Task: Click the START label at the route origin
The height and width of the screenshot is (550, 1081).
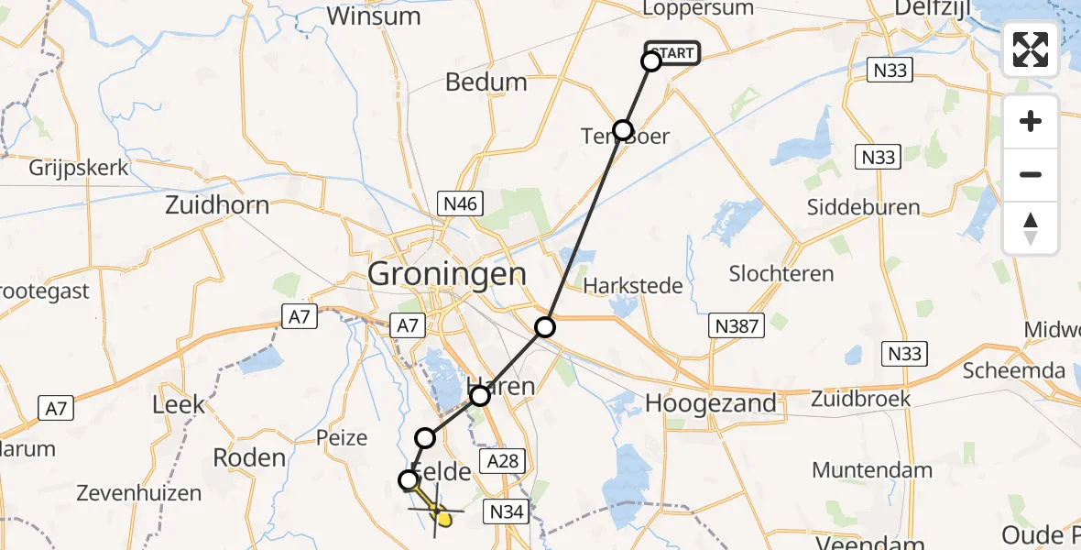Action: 673,53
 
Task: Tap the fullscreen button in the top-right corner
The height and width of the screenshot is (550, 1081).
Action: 1031,49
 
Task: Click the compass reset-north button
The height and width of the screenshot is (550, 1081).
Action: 1031,228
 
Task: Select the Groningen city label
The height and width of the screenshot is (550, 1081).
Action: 447,274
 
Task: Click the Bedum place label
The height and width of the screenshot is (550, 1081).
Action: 486,82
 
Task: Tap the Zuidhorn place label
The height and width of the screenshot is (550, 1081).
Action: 217,204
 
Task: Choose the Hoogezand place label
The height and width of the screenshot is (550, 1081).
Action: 711,402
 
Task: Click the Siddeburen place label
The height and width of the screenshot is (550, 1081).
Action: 863,207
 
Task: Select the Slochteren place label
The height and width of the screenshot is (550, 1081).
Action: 781,273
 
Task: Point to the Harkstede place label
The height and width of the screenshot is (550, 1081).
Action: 633,286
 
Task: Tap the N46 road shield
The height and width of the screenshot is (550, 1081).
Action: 459,203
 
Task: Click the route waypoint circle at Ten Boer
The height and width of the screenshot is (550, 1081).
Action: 623,129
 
